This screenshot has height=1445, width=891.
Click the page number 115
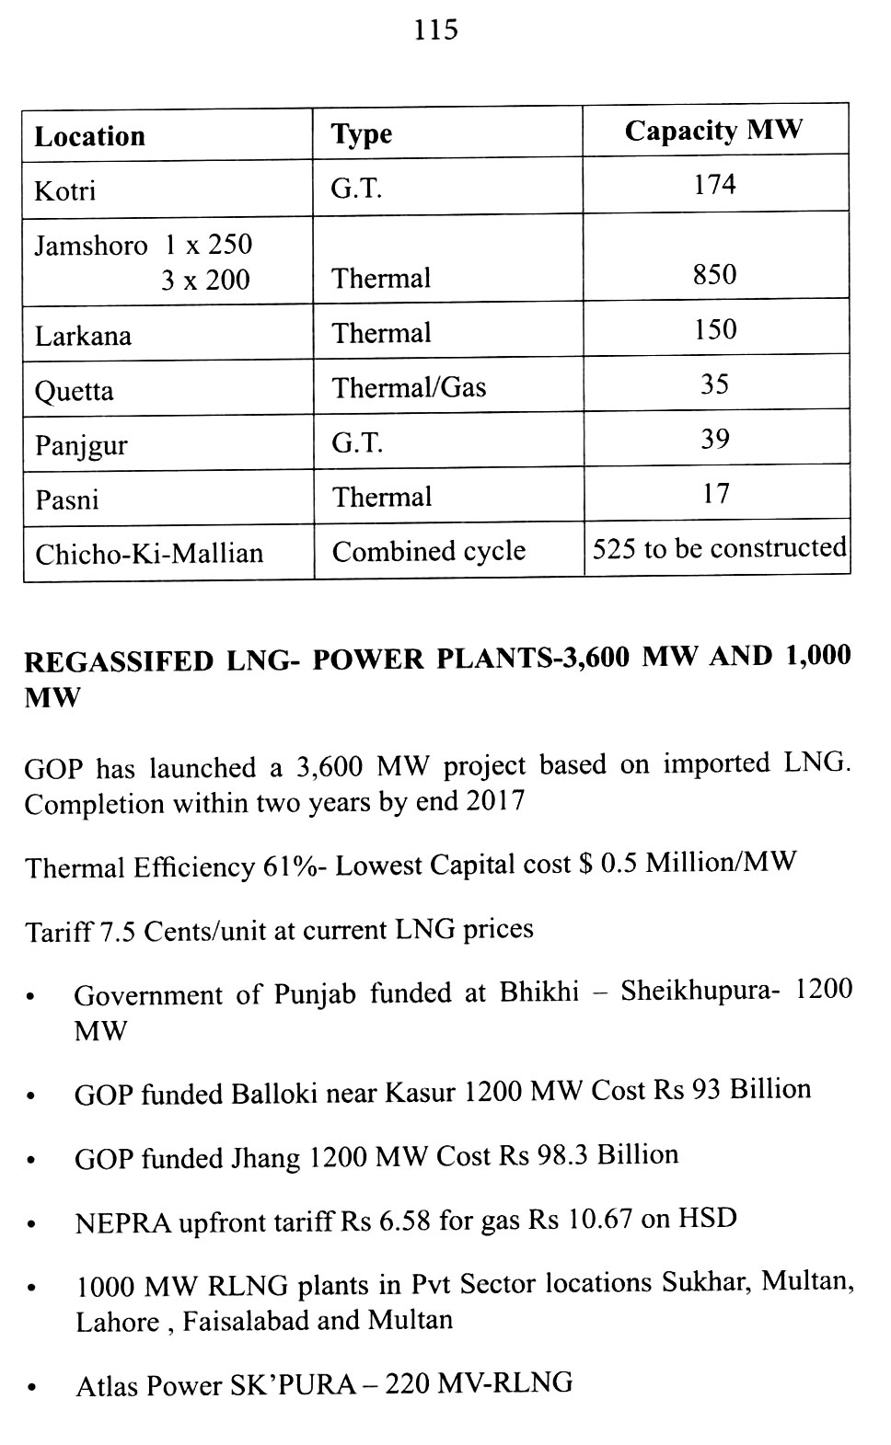pyautogui.click(x=435, y=30)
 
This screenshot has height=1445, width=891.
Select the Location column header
pyautogui.click(x=89, y=137)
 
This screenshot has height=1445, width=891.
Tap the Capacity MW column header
pyautogui.click(x=713, y=131)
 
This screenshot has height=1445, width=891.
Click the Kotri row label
pyautogui.click(x=64, y=191)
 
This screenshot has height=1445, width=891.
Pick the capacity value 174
pyautogui.click(x=714, y=185)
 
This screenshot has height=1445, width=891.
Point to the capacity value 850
pyautogui.click(x=714, y=275)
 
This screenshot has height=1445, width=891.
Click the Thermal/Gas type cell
pyautogui.click(x=409, y=388)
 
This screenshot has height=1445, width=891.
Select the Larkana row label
pyautogui.click(x=83, y=336)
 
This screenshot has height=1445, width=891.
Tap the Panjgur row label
pyautogui.click(x=81, y=446)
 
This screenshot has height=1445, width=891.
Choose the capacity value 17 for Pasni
pyautogui.click(x=715, y=494)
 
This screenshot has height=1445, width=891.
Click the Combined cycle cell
pyautogui.click(x=428, y=551)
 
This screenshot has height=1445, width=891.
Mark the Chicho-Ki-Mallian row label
pyautogui.click(x=149, y=554)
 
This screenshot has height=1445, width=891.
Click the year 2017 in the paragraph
pyautogui.click(x=494, y=801)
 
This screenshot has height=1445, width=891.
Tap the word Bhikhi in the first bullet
pyautogui.click(x=539, y=992)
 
